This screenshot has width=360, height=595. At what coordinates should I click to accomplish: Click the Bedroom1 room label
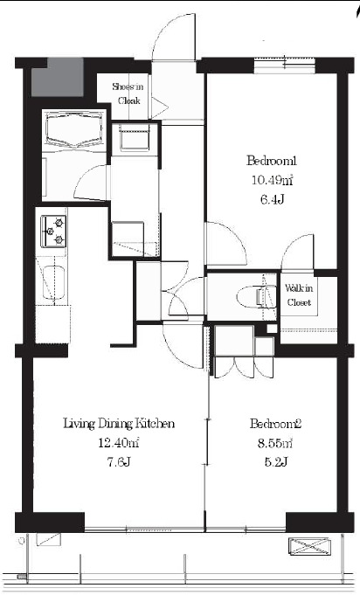point(271,161)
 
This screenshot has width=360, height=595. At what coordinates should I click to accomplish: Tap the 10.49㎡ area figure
point(272,180)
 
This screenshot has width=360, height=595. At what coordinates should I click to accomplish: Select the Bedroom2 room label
point(275,423)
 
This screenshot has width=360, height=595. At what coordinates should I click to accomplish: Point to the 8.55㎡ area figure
point(275,443)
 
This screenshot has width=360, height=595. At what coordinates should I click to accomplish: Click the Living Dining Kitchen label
point(119,423)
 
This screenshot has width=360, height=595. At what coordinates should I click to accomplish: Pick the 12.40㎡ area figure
point(118,443)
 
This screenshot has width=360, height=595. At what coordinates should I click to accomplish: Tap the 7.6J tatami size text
point(119,462)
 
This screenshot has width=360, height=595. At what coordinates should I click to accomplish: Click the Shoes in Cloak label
point(128,93)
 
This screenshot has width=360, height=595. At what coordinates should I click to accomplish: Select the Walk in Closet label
point(299,295)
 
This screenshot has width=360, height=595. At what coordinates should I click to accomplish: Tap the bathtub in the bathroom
point(74,130)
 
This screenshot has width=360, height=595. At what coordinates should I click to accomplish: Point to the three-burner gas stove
point(53,231)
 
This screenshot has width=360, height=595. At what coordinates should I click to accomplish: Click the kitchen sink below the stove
point(53,282)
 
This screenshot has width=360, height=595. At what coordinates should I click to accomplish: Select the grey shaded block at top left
point(58,78)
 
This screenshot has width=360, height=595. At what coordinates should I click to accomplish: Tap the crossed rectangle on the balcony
point(308,547)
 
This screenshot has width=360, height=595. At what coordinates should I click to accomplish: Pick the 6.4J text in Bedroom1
point(272,199)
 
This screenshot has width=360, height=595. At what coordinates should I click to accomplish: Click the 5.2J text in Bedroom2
point(275,462)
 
